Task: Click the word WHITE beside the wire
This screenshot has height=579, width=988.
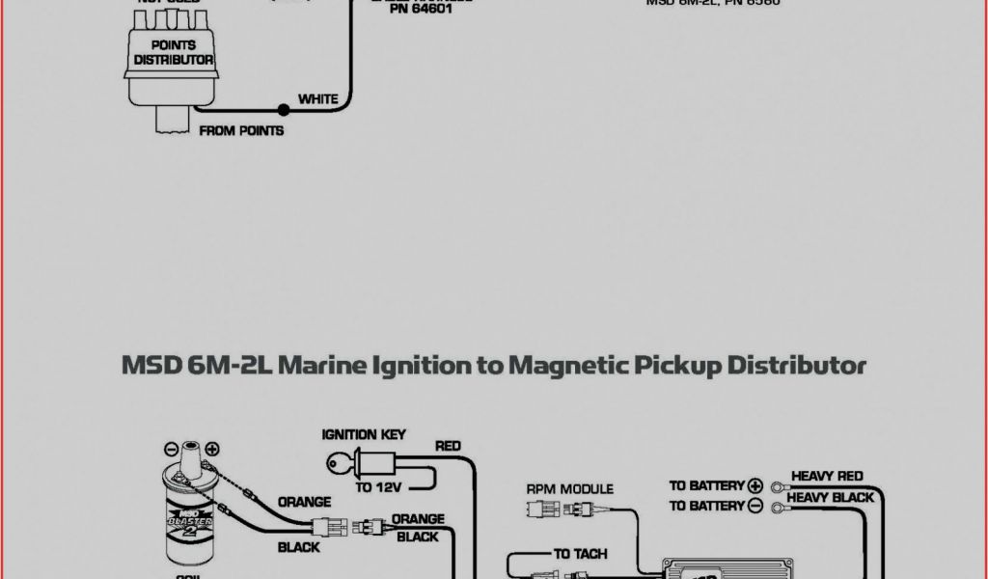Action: click(317, 98)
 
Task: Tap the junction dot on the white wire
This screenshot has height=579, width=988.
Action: click(283, 110)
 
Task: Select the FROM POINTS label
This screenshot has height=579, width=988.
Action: click(241, 130)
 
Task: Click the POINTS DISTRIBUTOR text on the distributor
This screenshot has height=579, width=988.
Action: click(174, 52)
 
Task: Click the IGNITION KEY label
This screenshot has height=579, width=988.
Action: click(364, 435)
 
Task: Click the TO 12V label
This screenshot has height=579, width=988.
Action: click(378, 487)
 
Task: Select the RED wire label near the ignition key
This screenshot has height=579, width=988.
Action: click(448, 446)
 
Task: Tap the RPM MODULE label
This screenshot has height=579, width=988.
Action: click(569, 489)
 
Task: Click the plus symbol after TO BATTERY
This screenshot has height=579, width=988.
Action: click(755, 485)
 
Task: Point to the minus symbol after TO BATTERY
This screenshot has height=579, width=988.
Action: click(755, 506)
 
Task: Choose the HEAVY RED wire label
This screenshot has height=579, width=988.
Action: click(827, 477)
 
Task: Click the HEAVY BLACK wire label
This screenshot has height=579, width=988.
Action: click(830, 498)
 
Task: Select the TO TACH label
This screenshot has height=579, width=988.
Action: click(579, 554)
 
